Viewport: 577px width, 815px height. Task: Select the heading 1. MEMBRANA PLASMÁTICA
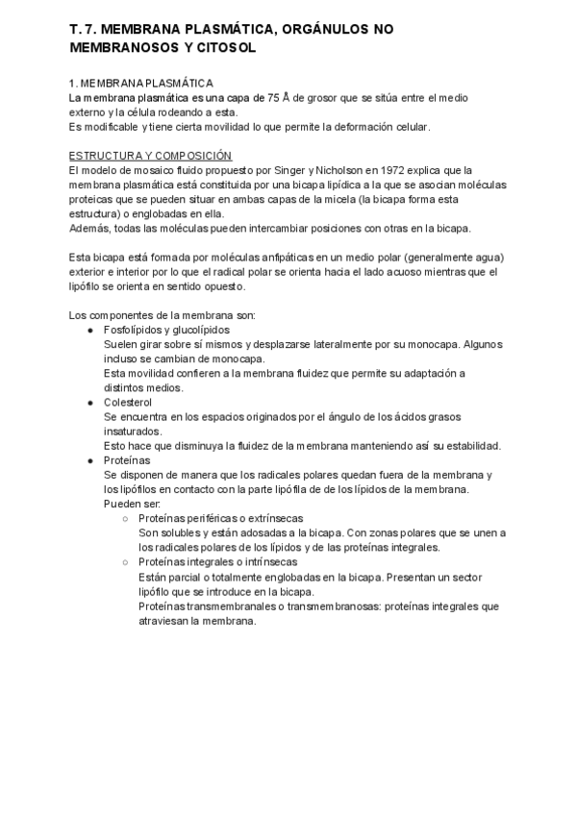[x=141, y=84]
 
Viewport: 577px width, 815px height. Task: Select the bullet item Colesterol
[x=130, y=402]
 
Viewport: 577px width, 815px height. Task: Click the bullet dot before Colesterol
[x=90, y=402]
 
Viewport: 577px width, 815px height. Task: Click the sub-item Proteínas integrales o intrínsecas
[x=217, y=562]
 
